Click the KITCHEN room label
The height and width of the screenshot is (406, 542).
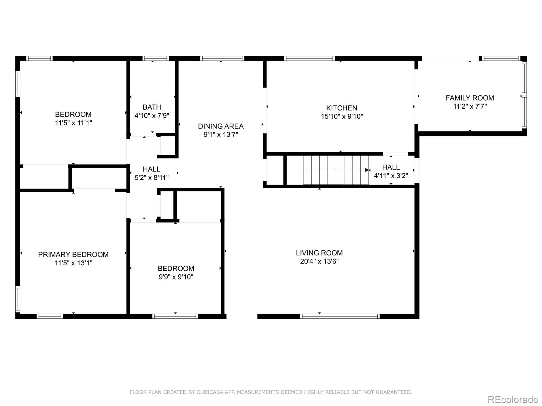point(341,108)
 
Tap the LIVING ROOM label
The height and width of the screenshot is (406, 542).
point(319,253)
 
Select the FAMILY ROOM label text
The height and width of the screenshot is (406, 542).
point(470,98)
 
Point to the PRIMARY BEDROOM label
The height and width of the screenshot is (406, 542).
point(73,254)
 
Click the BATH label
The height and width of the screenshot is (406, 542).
point(152,107)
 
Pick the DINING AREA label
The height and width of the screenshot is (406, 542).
point(221,126)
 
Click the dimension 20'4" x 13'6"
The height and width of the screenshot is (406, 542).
point(319,261)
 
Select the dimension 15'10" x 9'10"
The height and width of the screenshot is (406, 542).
point(341,116)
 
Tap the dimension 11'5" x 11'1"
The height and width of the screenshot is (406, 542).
point(73,123)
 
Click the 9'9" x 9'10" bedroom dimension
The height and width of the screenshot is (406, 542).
point(176,277)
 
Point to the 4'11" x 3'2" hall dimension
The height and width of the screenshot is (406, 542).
point(391,176)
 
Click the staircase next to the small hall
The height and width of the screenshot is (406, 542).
point(335,170)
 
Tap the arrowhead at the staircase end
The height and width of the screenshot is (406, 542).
point(367,170)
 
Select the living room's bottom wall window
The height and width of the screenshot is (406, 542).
point(339,316)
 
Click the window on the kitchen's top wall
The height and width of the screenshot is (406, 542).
point(309,58)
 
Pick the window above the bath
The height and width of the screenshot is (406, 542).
point(155,58)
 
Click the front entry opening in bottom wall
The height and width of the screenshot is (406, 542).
point(242,316)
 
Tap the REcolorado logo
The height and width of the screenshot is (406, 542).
point(513,399)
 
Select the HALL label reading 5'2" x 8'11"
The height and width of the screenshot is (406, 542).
point(151,169)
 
